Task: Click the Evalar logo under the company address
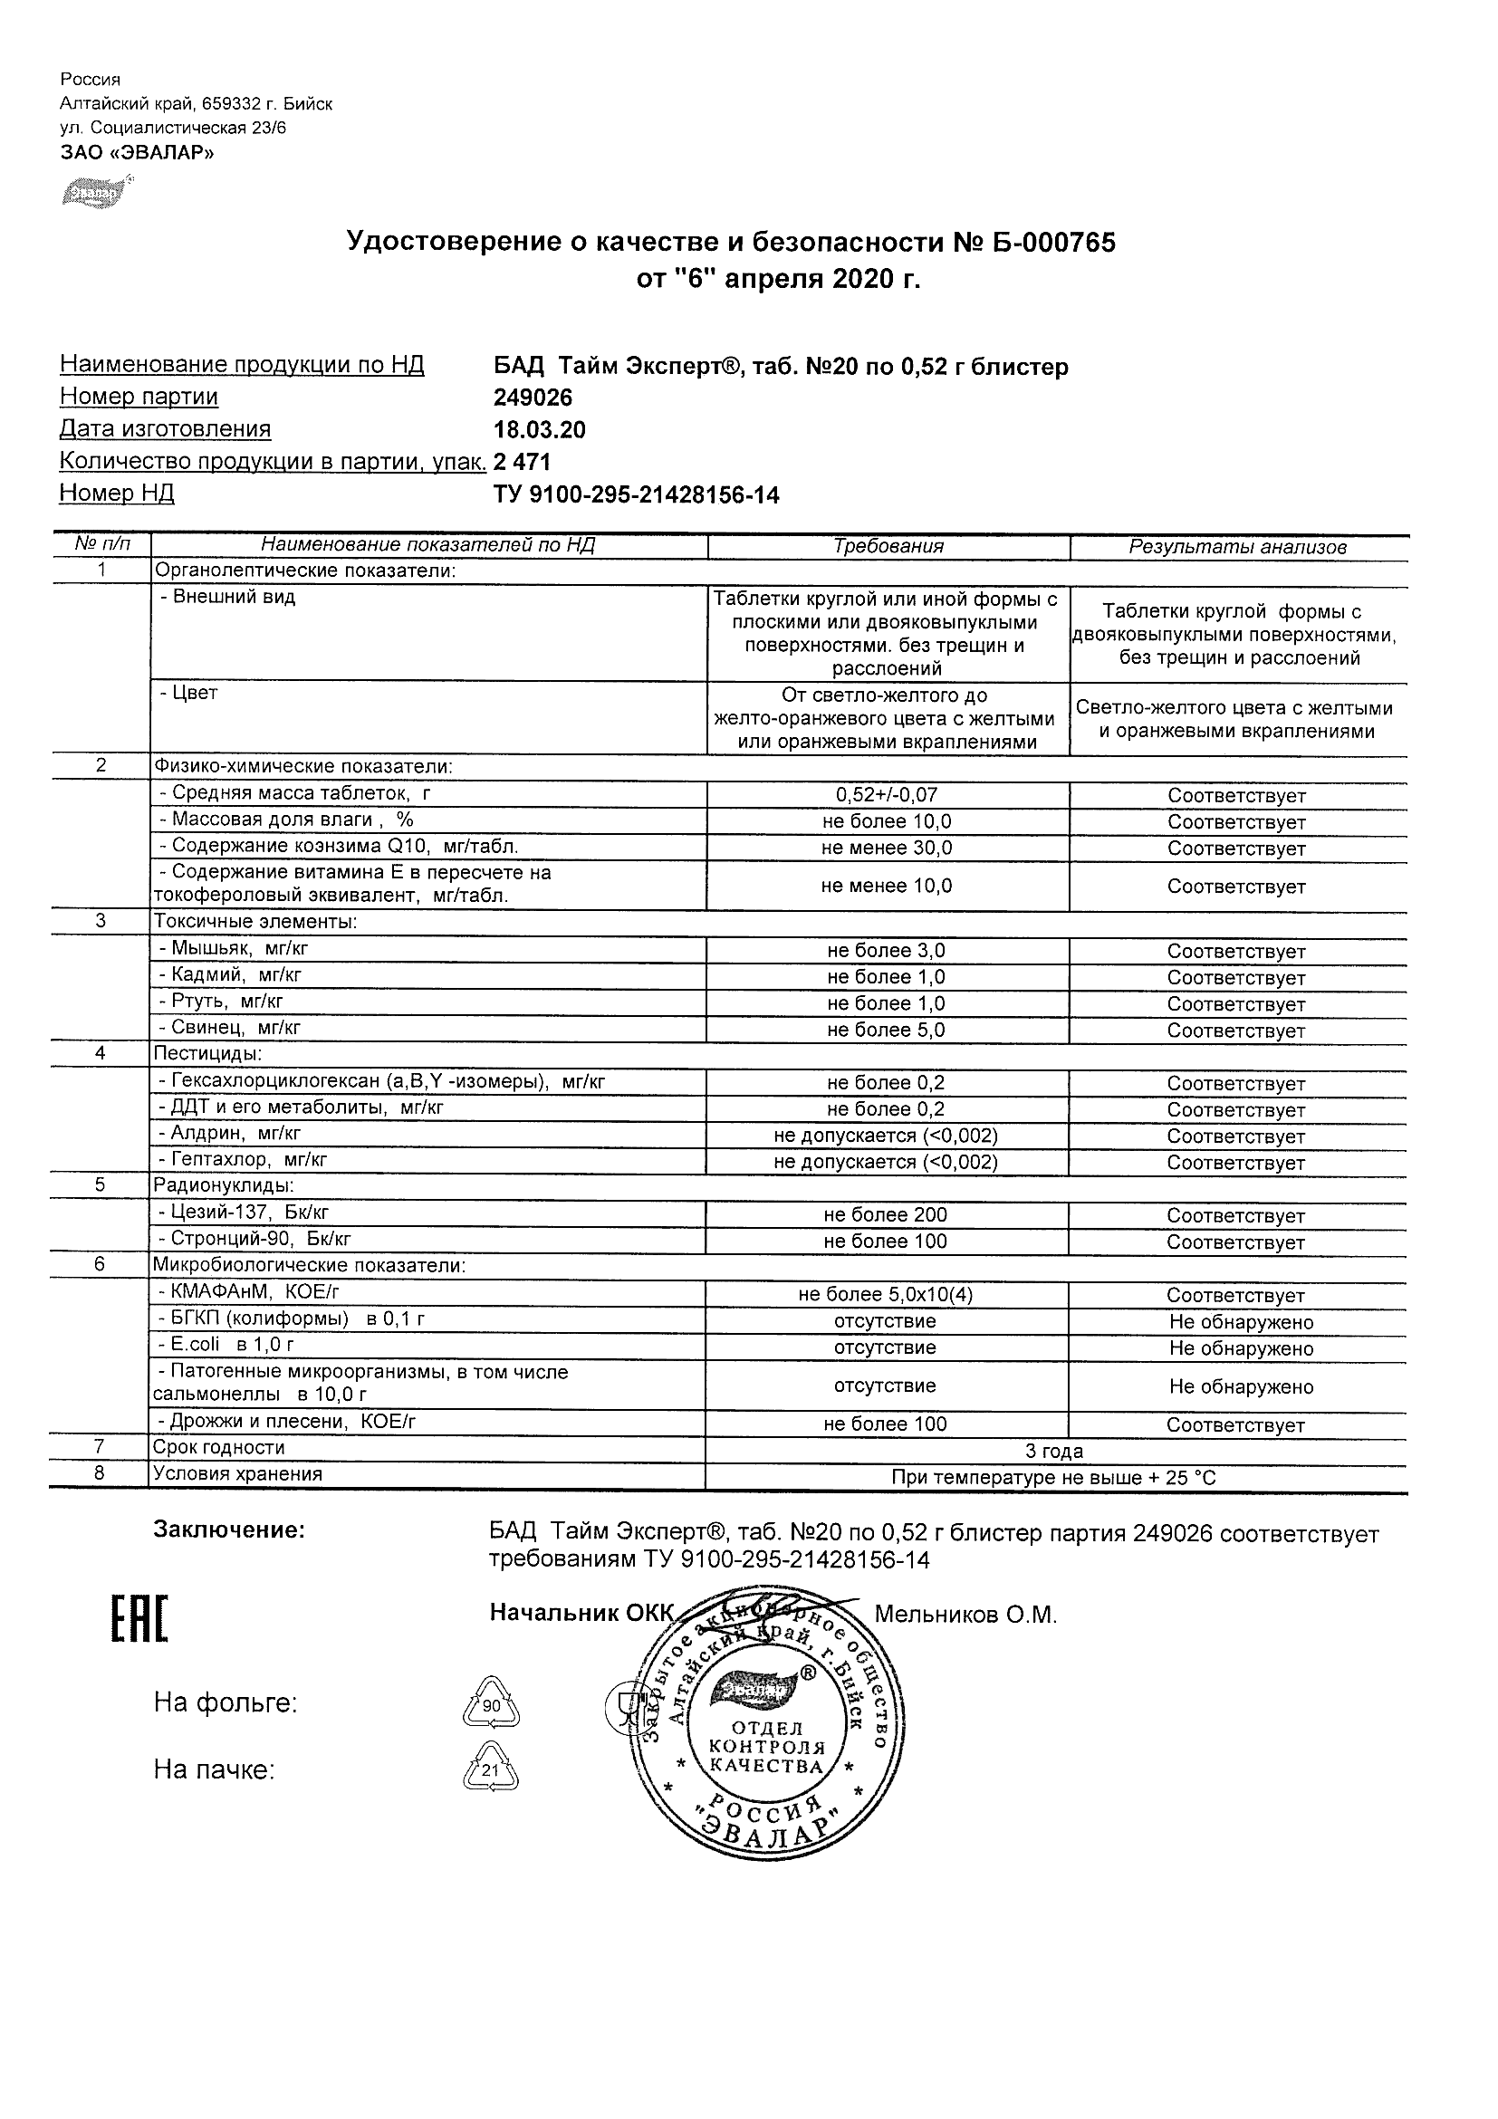pos(91,192)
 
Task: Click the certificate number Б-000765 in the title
pos(1054,243)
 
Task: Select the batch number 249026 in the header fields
pos(533,398)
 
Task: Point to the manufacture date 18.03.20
pos(539,430)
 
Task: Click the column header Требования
pos(888,546)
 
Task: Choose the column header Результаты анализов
pos(1237,547)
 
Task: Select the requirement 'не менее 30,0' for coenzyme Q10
pos(886,849)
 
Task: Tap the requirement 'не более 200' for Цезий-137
pos(886,1215)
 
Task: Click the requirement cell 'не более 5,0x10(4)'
pos(886,1295)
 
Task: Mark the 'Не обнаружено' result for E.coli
pos(1241,1348)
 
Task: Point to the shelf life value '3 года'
pos(1054,1451)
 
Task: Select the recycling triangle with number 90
pos(491,1703)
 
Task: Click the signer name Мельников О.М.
pos(965,1616)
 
